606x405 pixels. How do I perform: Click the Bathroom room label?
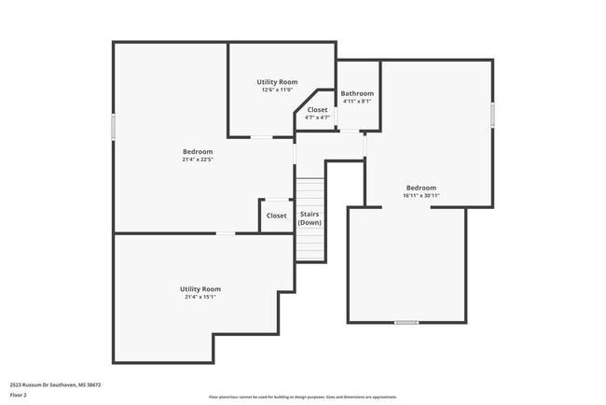(357, 93)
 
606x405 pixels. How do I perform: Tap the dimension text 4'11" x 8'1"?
(357, 102)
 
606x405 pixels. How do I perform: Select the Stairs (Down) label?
(310, 218)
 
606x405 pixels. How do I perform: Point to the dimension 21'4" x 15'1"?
(200, 297)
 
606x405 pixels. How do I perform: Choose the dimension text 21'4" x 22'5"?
(198, 160)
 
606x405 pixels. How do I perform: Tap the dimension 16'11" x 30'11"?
(420, 195)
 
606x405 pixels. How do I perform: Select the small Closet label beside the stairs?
(277, 216)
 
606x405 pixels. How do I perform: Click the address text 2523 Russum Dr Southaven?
(55, 384)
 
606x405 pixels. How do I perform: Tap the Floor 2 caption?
(19, 395)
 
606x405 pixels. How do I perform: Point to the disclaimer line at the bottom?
(302, 397)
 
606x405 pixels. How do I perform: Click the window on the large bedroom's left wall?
(114, 126)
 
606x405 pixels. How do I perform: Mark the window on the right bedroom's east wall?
(492, 112)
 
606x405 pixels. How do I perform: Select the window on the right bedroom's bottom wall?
(406, 323)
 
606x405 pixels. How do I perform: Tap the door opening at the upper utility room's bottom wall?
(261, 137)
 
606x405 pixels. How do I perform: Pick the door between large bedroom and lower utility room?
(225, 233)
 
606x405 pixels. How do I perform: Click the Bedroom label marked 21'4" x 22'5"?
(198, 151)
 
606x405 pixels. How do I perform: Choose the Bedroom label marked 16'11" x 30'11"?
(420, 187)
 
